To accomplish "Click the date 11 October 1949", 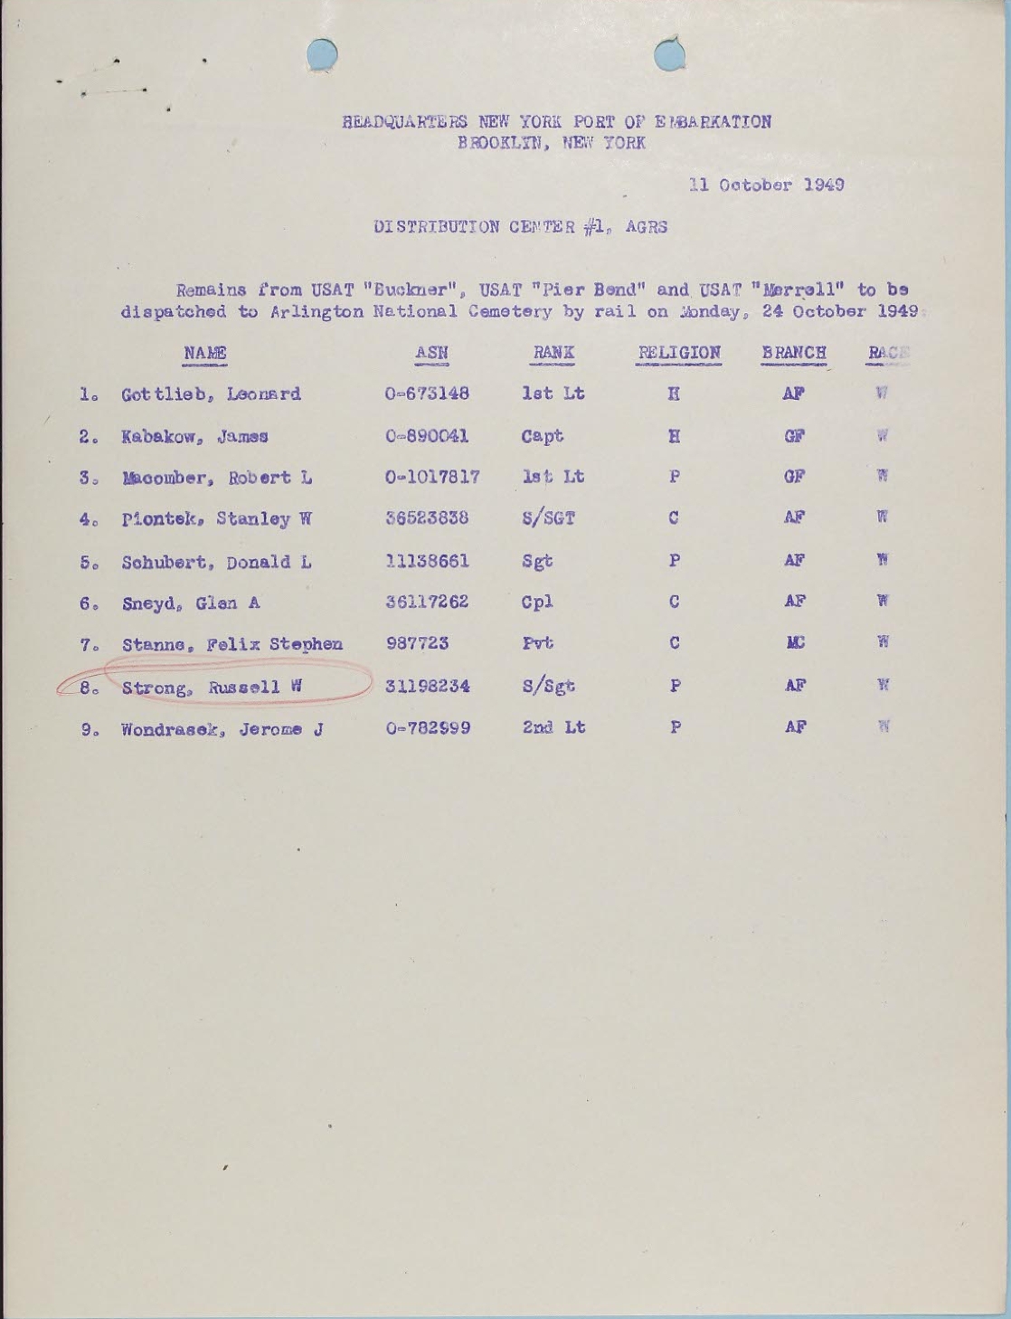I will click(x=766, y=185).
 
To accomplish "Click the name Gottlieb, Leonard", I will click(x=211, y=394).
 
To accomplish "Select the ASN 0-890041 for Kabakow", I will click(x=427, y=436).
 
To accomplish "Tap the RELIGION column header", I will click(x=679, y=353).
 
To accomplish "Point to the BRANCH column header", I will click(x=794, y=353).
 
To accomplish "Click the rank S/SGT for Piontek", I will click(x=548, y=519).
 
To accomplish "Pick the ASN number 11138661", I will click(x=427, y=561).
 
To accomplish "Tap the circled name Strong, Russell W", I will click(x=211, y=687).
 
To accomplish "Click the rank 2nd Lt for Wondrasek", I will click(x=553, y=727).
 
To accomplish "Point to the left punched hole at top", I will click(x=322, y=54).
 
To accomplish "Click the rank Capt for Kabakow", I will click(x=543, y=436).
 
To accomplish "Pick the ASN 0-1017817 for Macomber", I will click(x=432, y=478).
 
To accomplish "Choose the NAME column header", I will click(x=205, y=353).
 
